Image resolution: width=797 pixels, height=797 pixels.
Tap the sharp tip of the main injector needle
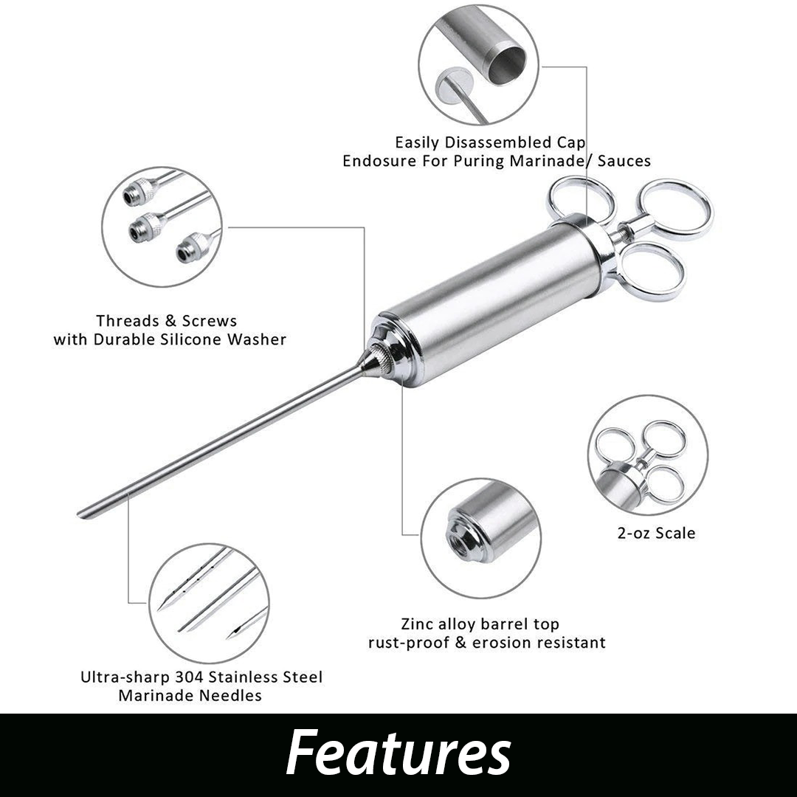(x=79, y=514)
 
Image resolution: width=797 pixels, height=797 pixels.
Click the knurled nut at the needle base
(x=383, y=355)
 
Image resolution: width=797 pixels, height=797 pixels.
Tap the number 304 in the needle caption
(x=190, y=677)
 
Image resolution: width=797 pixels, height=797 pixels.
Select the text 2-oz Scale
(x=656, y=533)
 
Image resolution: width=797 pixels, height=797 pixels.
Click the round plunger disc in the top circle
(x=454, y=84)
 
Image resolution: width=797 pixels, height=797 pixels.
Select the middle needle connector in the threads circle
(x=146, y=228)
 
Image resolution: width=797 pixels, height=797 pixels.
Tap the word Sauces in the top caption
(x=624, y=161)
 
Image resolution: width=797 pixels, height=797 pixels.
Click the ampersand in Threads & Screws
(x=170, y=321)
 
